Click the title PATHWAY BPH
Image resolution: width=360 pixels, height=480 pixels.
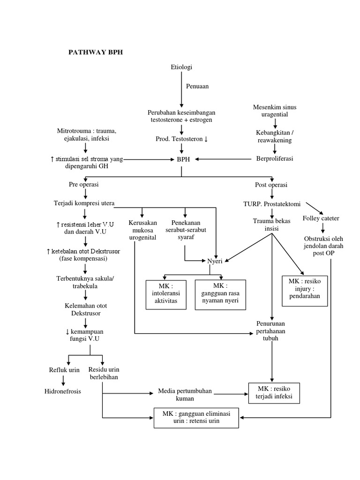click(x=96, y=52)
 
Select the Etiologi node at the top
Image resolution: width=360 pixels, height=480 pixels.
click(x=181, y=67)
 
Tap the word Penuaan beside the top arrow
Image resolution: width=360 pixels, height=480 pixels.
click(x=197, y=86)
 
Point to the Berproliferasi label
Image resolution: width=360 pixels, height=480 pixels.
click(x=275, y=159)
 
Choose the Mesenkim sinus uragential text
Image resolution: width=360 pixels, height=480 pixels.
click(x=275, y=111)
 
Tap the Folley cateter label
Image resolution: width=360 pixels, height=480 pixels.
click(x=321, y=218)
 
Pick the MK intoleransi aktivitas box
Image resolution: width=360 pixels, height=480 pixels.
click(x=166, y=293)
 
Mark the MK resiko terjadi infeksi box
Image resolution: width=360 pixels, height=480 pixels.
click(x=274, y=392)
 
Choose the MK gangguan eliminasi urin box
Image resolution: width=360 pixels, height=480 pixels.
click(x=195, y=417)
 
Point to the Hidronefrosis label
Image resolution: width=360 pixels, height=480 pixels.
click(x=62, y=391)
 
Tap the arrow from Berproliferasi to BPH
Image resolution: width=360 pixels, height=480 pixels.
click(x=225, y=159)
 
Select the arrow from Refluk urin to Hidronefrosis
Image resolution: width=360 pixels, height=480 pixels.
click(x=63, y=380)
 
